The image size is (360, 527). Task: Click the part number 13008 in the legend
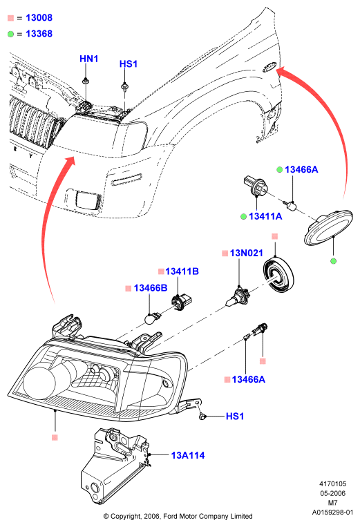tap(39, 17)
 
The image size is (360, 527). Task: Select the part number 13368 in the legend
tap(39, 34)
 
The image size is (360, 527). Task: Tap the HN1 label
tap(88, 59)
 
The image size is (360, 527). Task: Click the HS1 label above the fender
tap(129, 64)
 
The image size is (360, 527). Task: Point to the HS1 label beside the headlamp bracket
tap(235, 416)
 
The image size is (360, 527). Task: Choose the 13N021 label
tap(247, 253)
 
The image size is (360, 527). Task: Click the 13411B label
tap(182, 271)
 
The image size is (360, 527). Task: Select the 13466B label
tap(150, 288)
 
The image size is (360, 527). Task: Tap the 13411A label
tap(265, 216)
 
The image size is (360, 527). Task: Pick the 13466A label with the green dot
tap(301, 169)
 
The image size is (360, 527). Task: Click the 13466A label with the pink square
tap(248, 379)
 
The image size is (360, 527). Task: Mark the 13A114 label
tap(188, 455)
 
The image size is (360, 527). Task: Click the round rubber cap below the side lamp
tap(278, 275)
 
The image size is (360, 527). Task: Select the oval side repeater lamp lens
tap(328, 227)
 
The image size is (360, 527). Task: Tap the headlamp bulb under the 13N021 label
tap(237, 297)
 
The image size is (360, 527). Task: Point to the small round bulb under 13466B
tap(151, 318)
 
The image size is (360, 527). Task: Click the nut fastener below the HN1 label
tap(86, 81)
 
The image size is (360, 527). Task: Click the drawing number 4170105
tap(332, 484)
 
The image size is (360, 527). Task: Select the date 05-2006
tap(332, 493)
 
